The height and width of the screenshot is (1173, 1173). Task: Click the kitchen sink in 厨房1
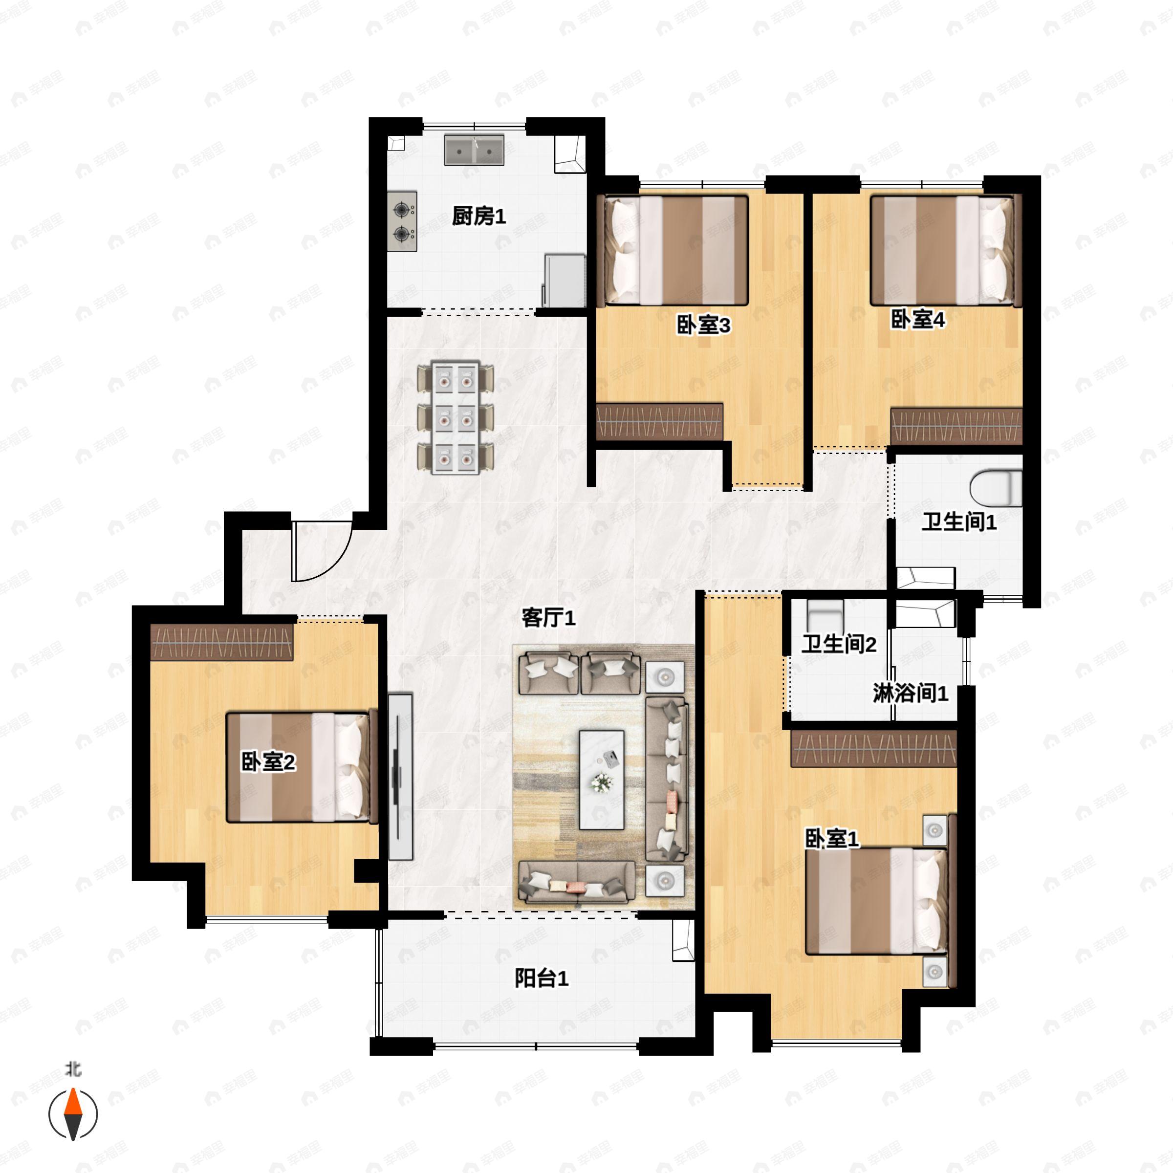point(474,150)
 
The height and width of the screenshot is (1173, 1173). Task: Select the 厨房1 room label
point(478,216)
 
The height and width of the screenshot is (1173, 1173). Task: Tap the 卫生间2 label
point(839,644)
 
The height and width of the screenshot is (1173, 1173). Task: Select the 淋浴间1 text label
point(910,693)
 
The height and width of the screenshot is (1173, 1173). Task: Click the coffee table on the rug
point(602,780)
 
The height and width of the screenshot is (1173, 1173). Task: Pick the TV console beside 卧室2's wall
point(400,777)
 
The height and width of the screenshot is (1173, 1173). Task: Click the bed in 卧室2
point(301,767)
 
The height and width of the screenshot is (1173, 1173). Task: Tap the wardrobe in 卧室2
point(221,642)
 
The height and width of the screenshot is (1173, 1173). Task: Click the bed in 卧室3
point(672,250)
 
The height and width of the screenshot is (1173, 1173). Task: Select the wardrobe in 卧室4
point(956,426)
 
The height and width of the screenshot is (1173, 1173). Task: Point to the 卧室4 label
point(917,319)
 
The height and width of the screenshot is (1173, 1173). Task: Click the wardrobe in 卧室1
point(874,749)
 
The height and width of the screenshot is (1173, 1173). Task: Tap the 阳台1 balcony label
point(542,978)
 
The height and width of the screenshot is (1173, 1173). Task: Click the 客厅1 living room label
point(548,618)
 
